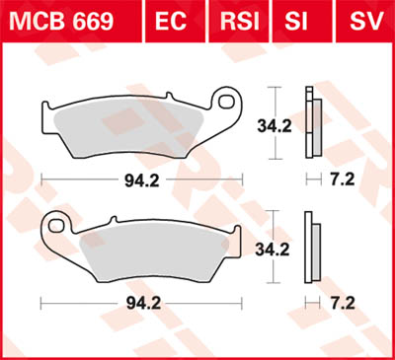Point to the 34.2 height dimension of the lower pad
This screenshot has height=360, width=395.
tap(274, 251)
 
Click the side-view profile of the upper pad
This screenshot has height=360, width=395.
tap(311, 123)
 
